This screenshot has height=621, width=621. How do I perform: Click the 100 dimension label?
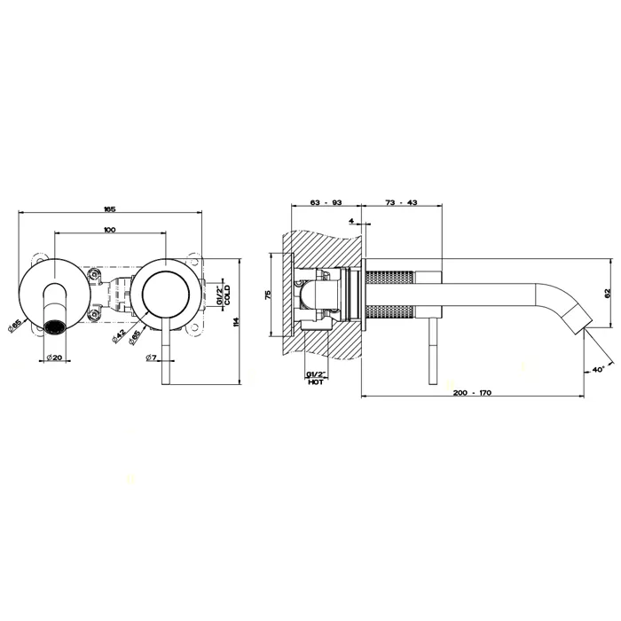pyautogui.click(x=110, y=230)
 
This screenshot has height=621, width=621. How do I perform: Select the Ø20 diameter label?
pyautogui.click(x=54, y=358)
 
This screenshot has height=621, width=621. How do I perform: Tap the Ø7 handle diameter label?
pyautogui.click(x=152, y=358)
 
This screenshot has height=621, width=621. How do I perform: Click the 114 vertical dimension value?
pyautogui.click(x=237, y=321)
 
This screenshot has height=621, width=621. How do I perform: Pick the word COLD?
pyautogui.click(x=227, y=295)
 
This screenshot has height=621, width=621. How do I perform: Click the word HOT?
pyautogui.click(x=316, y=382)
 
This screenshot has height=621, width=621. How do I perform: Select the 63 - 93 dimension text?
pyautogui.click(x=326, y=202)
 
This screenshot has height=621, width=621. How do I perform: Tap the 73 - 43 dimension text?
pyautogui.click(x=401, y=202)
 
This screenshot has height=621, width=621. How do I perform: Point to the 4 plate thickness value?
pyautogui.click(x=351, y=220)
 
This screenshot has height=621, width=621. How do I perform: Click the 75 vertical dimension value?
pyautogui.click(x=268, y=295)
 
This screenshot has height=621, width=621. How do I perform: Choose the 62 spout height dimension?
pyautogui.click(x=608, y=293)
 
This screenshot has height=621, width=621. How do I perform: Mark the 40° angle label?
pyautogui.click(x=598, y=369)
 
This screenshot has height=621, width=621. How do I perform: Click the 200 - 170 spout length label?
pyautogui.click(x=472, y=392)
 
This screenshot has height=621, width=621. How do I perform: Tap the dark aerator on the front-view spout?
pyautogui.click(x=54, y=327)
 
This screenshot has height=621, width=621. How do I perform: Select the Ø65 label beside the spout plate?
pyautogui.click(x=15, y=326)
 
